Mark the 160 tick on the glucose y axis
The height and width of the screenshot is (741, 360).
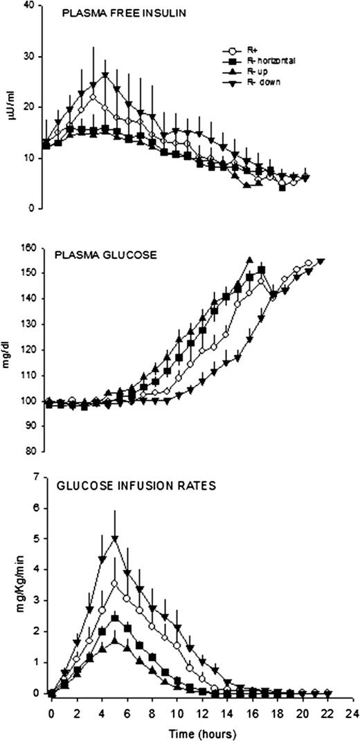(x=28, y=247)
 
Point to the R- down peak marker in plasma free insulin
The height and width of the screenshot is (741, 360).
(x=105, y=75)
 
